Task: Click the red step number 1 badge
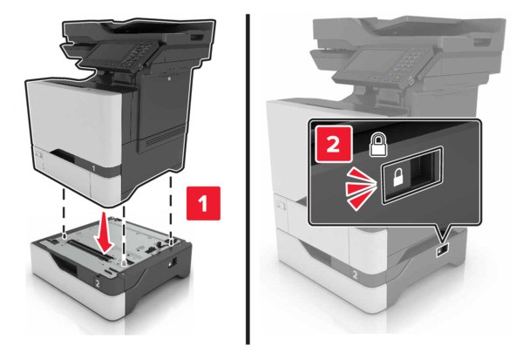tap(203, 203)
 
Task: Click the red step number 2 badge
tap(334, 145)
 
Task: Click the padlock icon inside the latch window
tap(397, 177)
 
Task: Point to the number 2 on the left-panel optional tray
tap(98, 283)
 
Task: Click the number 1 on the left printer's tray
tap(93, 168)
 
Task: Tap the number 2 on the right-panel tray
tap(355, 275)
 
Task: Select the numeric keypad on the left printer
tap(138, 54)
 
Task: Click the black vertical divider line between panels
tap(248, 180)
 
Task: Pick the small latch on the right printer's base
tap(442, 250)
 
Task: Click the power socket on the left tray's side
tap(174, 261)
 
